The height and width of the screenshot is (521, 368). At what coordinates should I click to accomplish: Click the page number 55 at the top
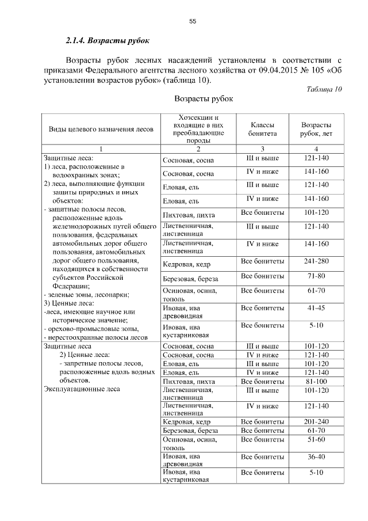point(193,21)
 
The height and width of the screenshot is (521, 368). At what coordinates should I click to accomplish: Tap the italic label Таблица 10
point(324,89)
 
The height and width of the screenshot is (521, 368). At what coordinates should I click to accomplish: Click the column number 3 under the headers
point(262,150)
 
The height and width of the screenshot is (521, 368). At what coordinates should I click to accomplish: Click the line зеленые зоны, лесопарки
point(76,294)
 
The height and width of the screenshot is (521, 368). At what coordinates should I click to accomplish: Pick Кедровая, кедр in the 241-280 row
point(187,265)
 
